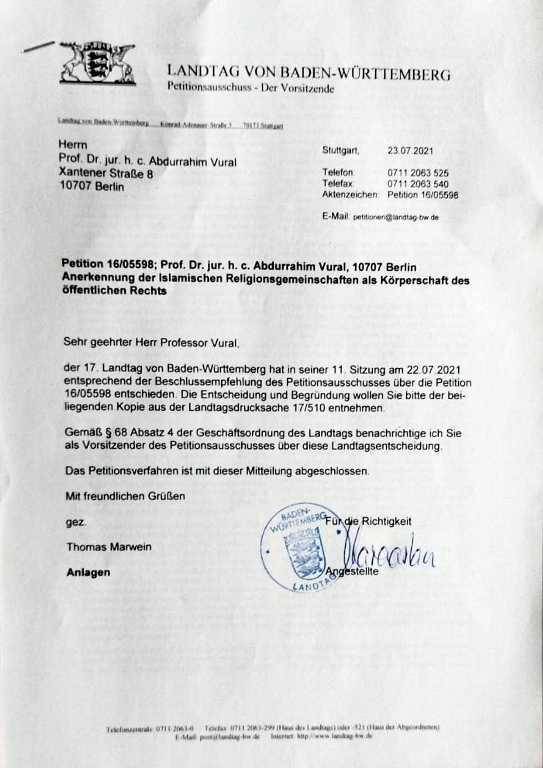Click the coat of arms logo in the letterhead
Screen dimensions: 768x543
pos(98,64)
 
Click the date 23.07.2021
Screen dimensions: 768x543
pos(410,151)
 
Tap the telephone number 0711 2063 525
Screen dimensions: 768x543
pos(418,173)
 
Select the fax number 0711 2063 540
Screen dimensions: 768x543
pos(418,184)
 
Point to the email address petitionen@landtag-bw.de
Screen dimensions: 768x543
pos(396,217)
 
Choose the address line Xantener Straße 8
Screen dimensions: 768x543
pos(106,174)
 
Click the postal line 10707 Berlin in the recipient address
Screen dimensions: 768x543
pos(91,186)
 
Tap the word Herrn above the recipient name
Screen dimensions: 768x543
pos(73,145)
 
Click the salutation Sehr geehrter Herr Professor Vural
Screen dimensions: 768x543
pos(151,343)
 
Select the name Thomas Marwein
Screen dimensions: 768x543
pos(109,547)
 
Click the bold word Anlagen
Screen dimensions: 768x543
pos(88,572)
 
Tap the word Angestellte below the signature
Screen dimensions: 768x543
pos(352,572)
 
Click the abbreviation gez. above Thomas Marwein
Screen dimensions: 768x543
pos(75,522)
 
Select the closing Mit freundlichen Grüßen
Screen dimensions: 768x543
pos(125,496)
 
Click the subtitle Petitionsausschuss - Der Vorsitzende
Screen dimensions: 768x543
pos(250,88)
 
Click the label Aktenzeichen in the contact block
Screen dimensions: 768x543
pos(350,195)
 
